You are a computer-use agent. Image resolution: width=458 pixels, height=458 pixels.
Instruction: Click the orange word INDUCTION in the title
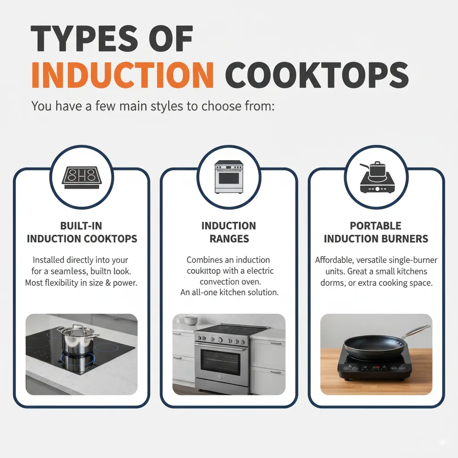[x=123, y=75]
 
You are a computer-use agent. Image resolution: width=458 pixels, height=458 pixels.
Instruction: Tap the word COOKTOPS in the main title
[x=317, y=75]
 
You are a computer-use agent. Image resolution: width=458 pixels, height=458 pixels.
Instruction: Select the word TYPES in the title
[x=84, y=38]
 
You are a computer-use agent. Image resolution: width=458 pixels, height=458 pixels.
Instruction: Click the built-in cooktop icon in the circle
[x=82, y=178]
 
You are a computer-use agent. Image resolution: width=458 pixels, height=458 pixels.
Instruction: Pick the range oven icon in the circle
[x=229, y=177]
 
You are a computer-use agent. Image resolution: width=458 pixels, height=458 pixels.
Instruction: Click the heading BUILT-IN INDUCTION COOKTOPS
[x=82, y=232]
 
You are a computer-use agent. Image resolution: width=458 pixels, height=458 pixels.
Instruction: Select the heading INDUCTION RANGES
[x=229, y=232]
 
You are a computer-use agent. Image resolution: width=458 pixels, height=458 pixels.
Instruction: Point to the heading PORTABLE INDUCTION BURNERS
[x=376, y=232]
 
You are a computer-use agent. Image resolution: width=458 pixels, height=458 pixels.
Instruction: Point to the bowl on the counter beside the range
[x=191, y=320]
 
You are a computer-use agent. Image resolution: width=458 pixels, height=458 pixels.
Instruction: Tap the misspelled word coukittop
[x=204, y=271]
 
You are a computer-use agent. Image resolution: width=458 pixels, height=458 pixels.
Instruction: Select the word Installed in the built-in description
[x=48, y=260]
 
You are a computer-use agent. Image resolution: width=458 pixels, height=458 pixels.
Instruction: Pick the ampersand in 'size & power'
[x=108, y=283]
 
